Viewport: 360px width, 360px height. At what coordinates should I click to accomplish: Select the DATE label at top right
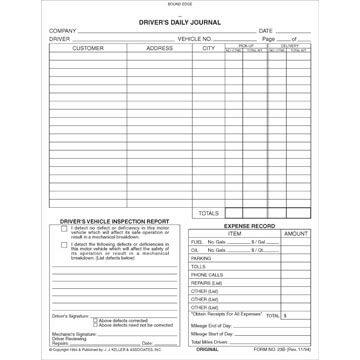pos(266,30)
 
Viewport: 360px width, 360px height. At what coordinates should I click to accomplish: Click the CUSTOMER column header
pos(88,47)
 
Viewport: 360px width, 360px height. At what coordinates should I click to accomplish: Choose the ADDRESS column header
pos(159,47)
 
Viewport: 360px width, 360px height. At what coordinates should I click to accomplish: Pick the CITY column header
pos(208,47)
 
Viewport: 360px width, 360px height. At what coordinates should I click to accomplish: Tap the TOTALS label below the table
pos(208,212)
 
